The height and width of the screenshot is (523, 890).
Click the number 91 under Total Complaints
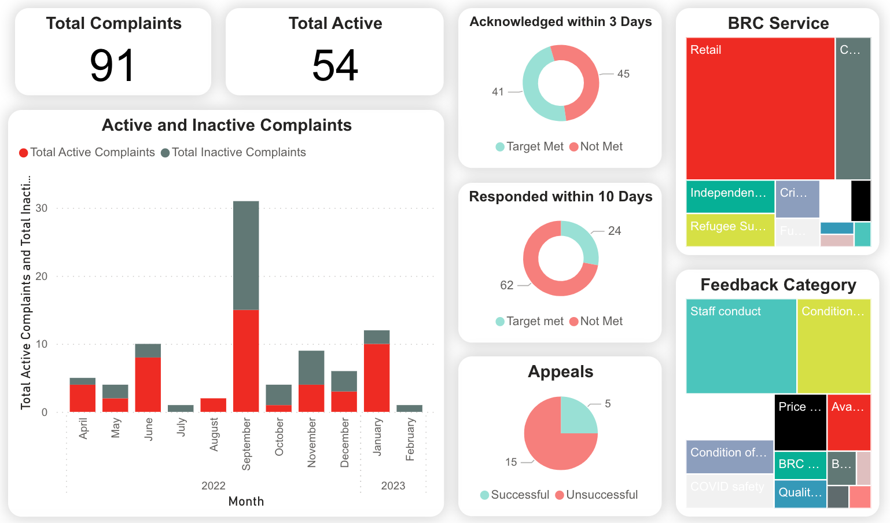click(x=113, y=65)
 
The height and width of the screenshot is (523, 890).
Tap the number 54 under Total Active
click(x=335, y=65)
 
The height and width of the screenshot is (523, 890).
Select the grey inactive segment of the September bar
click(x=246, y=255)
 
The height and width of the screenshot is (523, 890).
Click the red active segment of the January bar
click(x=377, y=377)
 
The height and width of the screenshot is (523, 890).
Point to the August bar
click(x=213, y=405)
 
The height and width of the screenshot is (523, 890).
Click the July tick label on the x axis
click(x=181, y=428)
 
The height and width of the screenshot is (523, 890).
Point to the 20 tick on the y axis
click(x=42, y=276)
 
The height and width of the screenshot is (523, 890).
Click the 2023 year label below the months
click(x=393, y=485)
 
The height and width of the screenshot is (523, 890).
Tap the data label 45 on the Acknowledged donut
click(x=623, y=74)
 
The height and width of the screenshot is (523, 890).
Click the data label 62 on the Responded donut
click(x=506, y=285)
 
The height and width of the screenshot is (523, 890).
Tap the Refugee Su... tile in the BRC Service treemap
click(x=730, y=230)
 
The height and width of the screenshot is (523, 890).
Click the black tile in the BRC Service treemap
click(x=860, y=200)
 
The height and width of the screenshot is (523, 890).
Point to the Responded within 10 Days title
click(x=560, y=197)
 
